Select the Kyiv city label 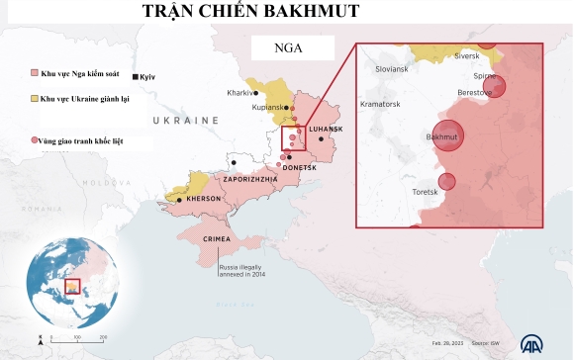coord(147,77)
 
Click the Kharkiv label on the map coord(240,93)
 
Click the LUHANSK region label coord(326,130)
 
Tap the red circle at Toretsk coord(447,182)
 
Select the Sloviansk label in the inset coord(391,69)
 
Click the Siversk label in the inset coord(466,56)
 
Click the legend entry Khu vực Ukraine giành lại coord(86,100)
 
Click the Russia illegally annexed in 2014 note coord(243,271)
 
